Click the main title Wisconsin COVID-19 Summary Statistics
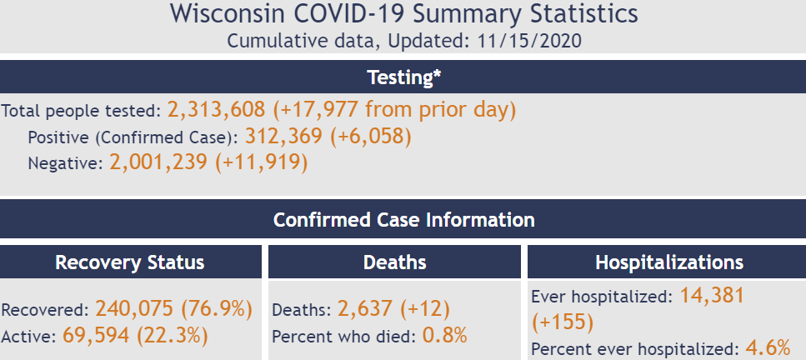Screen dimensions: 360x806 click(403, 14)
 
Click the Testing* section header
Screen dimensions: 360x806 click(403, 77)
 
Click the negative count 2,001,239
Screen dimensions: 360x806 click(158, 162)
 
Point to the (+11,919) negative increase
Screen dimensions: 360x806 click(261, 162)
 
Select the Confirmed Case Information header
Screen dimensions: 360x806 click(403, 220)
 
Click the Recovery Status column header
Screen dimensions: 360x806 click(129, 262)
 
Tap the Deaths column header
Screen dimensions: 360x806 click(395, 262)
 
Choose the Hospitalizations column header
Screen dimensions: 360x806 click(668, 262)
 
